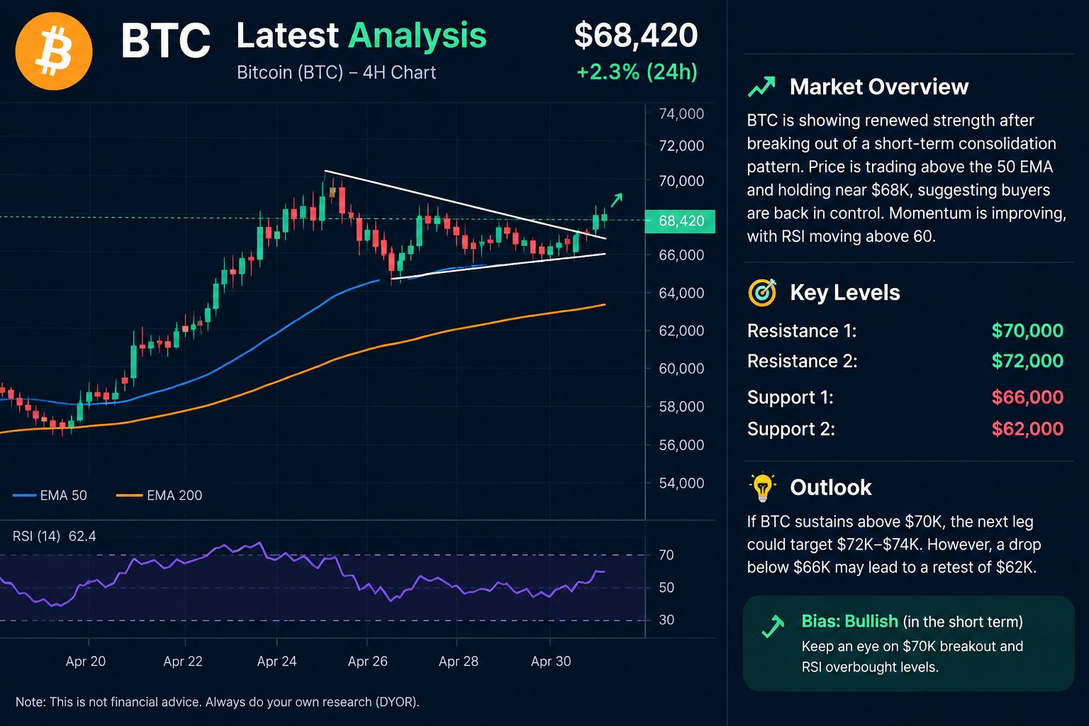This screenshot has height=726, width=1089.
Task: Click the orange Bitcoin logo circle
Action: pos(53,51)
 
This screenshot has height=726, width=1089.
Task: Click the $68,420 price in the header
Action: pos(636,35)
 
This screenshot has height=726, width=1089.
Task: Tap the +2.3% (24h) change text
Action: pos(637,72)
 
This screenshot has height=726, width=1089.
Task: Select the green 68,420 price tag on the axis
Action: pos(680,221)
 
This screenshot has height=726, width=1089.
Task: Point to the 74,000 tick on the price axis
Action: pos(681,113)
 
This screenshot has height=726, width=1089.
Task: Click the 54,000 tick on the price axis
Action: pos(681,483)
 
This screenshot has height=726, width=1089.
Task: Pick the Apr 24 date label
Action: pos(277,661)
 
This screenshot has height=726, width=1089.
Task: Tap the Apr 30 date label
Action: pos(551,661)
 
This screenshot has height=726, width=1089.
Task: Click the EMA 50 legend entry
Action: pos(50,495)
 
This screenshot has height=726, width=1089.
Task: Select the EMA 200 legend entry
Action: pos(159,495)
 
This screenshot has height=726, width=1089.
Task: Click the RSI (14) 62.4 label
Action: pos(54,537)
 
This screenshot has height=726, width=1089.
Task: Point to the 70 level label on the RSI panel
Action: pos(666,555)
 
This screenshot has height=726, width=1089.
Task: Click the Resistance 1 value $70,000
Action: pos(1027,330)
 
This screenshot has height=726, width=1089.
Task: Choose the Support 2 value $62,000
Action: pos(1027,429)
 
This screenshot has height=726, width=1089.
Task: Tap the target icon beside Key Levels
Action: pos(762,292)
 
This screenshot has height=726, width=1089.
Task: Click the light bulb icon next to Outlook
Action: pos(762,487)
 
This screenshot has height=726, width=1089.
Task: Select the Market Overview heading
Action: pos(879,87)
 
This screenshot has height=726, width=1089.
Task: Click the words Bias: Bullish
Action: pos(850,622)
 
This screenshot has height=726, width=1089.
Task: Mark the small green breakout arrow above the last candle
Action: pos(616,200)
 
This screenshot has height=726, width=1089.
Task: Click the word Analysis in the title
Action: pos(417,36)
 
